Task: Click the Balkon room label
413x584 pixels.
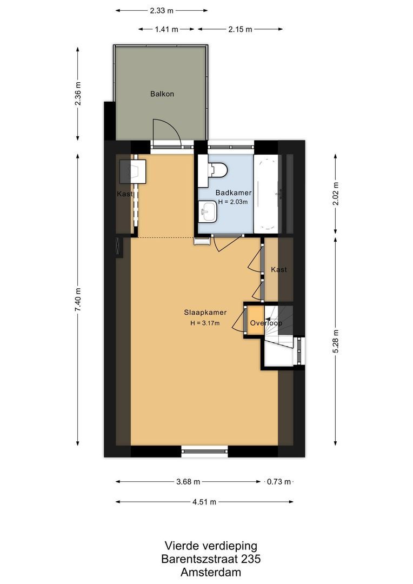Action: (162, 94)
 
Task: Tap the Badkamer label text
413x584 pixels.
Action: (233, 193)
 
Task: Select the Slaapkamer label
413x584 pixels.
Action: (204, 313)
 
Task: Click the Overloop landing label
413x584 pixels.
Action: (265, 323)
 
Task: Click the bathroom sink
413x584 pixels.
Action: (208, 211)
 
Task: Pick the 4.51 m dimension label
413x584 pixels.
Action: (205, 501)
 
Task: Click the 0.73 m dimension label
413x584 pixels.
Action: (278, 481)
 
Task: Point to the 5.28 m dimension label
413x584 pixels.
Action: (335, 341)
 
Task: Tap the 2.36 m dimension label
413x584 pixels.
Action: (78, 94)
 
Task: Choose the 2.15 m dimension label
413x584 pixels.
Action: (241, 29)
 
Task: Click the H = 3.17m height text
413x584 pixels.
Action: (204, 323)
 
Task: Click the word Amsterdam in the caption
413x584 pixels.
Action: (211, 572)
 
